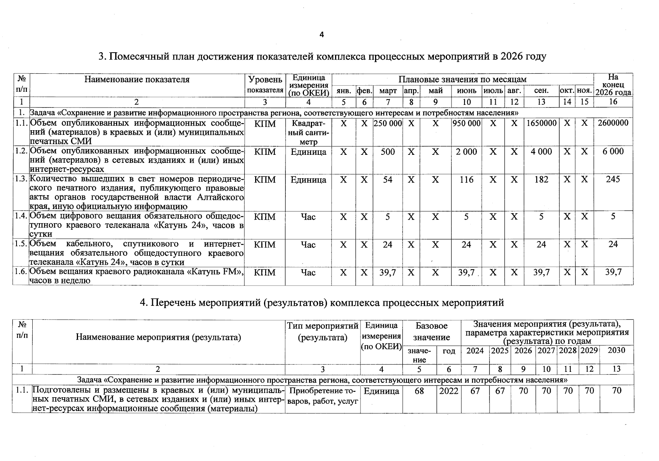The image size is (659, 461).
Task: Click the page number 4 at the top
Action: (x=322, y=35)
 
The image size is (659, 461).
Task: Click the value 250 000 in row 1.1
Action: (x=388, y=123)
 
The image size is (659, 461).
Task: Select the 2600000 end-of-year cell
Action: (x=613, y=123)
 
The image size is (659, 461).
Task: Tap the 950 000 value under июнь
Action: (x=466, y=123)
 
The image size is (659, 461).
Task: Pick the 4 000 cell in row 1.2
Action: (x=541, y=152)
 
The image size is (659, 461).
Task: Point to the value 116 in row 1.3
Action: (x=466, y=180)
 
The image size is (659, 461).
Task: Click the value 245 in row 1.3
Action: (x=613, y=179)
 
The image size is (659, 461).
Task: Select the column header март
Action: (x=388, y=91)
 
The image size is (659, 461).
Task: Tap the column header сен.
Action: (x=541, y=91)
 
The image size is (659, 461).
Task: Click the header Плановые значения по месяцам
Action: (x=462, y=80)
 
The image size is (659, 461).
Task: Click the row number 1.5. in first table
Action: (x=21, y=244)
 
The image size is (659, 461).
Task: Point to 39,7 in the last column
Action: (x=613, y=272)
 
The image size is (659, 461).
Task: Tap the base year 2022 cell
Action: (x=448, y=391)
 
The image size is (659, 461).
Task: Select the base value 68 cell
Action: (x=419, y=391)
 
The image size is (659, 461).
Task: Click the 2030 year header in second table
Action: (x=616, y=350)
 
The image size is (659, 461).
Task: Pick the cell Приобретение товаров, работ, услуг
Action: (x=323, y=396)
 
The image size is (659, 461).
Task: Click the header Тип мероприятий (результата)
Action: (x=323, y=332)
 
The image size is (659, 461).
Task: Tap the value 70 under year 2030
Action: (x=616, y=391)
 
